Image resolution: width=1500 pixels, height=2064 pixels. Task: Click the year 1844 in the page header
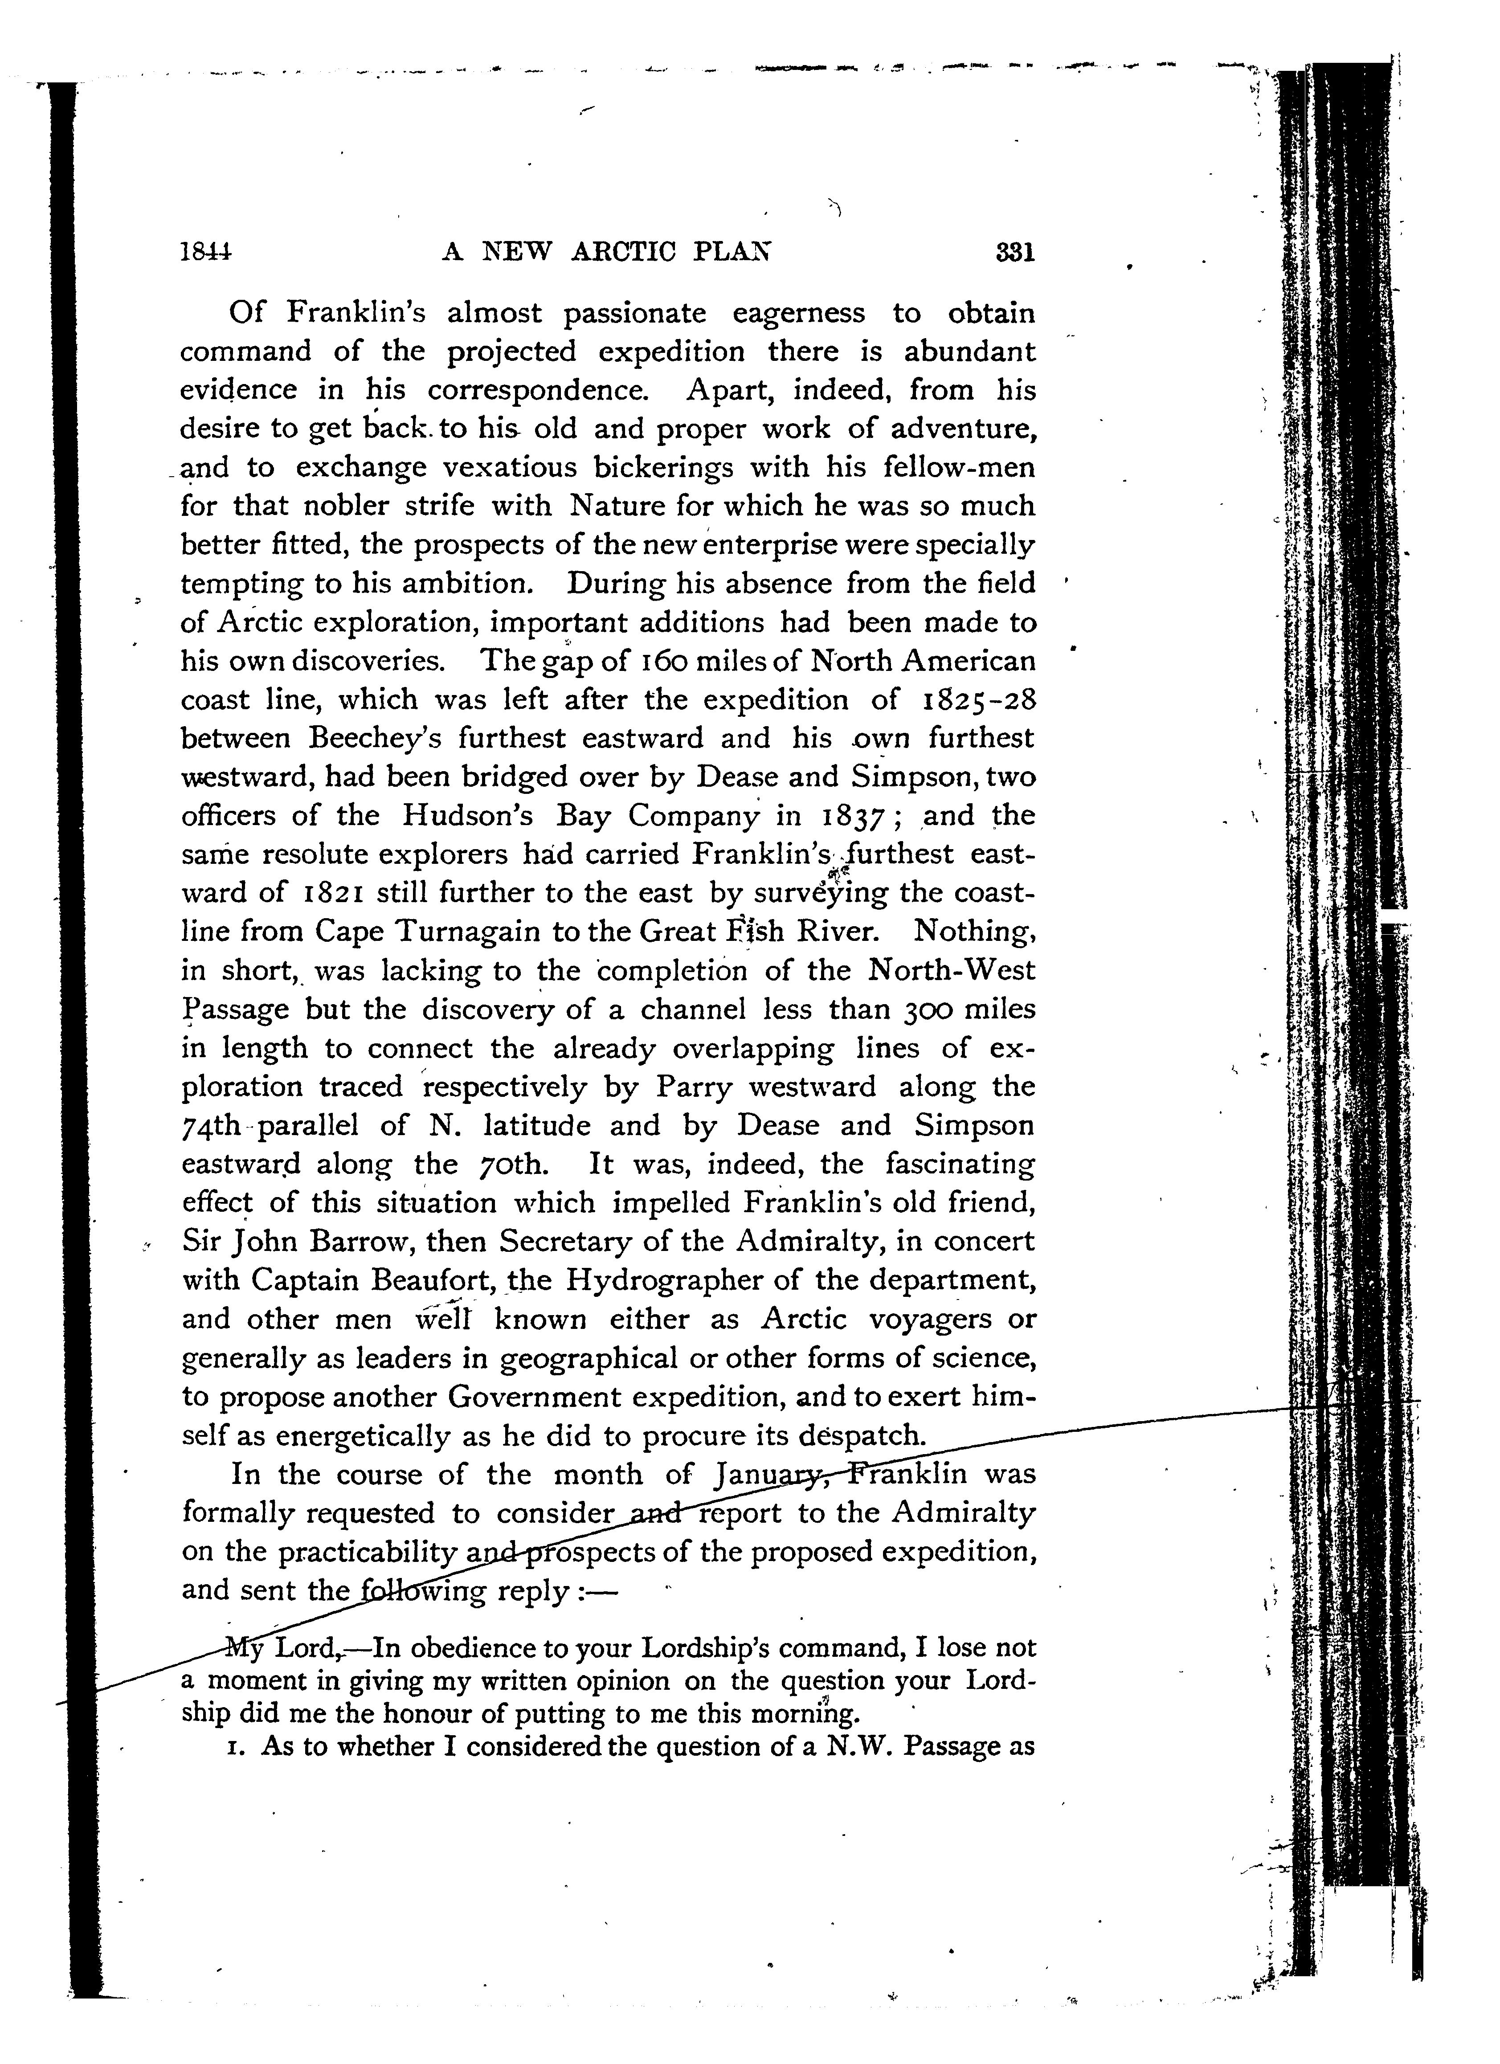[206, 252]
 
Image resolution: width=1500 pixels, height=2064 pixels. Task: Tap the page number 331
[1015, 252]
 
